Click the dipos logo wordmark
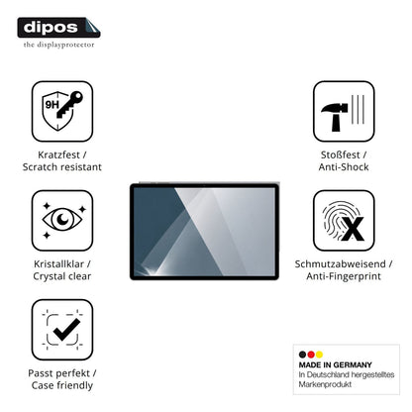coord(51,27)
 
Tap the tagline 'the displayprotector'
coord(58,45)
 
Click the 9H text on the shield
coord(51,105)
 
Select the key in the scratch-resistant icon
coord(69,104)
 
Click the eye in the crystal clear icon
coord(62,219)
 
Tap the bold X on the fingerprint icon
coord(353,229)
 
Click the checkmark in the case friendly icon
coord(66,330)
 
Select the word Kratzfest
coord(58,154)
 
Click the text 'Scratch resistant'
coord(62,166)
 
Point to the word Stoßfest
coord(340,154)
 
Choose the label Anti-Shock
coord(344,166)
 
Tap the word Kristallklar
coord(58,263)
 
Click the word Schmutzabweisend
coord(340,263)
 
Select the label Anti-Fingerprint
coord(344,276)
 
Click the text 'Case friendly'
coord(62,385)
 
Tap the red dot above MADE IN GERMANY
coord(311,355)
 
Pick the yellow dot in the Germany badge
coord(319,355)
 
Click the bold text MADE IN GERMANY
coord(335,364)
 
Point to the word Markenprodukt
coord(325,384)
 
